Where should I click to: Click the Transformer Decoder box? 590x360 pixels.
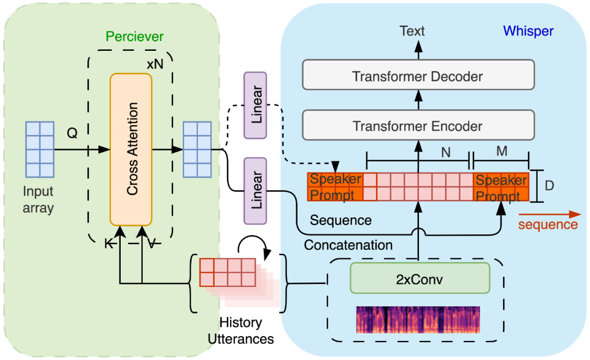418,76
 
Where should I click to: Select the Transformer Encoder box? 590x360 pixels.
418,126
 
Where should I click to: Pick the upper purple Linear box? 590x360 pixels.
255,105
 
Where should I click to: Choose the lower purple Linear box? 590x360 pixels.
255,190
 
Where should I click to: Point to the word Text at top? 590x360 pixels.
412,31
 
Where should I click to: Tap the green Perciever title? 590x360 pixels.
134,37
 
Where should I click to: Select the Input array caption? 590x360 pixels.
39,200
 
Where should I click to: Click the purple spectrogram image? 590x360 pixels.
418,320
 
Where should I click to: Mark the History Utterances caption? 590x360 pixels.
240,331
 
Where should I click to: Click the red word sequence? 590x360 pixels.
548,225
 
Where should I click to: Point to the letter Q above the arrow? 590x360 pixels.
72,133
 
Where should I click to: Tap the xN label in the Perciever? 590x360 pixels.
155,63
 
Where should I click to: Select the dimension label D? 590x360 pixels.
550,186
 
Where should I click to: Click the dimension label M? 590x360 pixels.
501,151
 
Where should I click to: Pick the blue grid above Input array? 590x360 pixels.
39,149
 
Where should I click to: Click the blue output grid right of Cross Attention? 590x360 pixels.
197,149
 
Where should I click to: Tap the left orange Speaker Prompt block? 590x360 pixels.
335,187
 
